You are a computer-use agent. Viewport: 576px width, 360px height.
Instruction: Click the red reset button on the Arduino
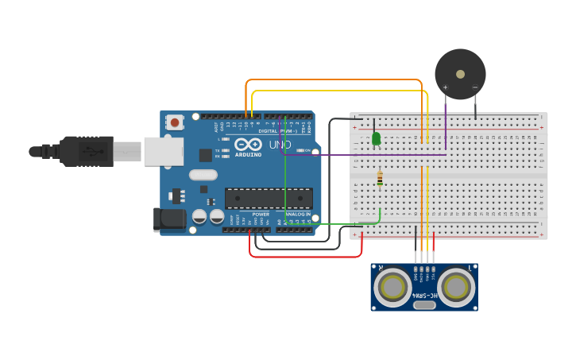(174, 122)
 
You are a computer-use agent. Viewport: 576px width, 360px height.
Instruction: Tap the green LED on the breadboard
(376, 139)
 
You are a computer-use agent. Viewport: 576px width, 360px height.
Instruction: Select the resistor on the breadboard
(380, 180)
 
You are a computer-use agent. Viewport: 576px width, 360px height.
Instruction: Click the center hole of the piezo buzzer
(460, 74)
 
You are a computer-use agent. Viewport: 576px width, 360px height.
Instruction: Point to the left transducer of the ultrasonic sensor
(392, 287)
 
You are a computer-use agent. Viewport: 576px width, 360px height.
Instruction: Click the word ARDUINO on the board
(248, 154)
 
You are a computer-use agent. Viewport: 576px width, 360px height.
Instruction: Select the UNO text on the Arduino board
(280, 145)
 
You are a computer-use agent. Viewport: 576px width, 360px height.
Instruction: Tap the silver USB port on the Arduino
(163, 151)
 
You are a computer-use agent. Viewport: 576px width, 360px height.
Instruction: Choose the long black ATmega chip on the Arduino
(269, 198)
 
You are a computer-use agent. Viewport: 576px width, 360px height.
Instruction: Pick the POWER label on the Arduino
(261, 215)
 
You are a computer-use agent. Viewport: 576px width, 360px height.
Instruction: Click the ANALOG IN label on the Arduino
(298, 215)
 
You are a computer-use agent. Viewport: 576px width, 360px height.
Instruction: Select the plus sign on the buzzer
(445, 87)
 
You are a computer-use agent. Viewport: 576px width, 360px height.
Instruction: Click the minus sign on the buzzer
(475, 87)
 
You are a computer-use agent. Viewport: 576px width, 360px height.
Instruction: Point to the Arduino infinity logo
(248, 145)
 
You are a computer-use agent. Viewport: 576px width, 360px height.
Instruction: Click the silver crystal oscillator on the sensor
(424, 304)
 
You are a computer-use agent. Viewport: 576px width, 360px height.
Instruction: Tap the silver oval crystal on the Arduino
(203, 175)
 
